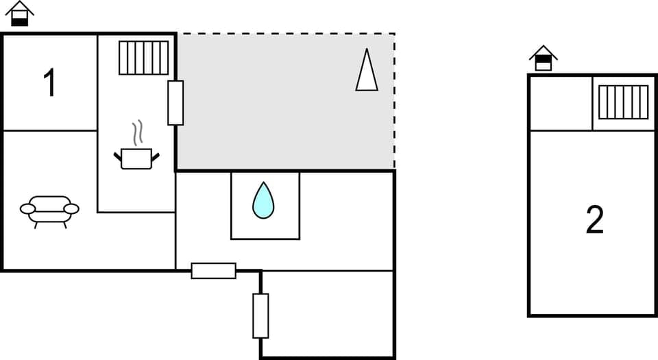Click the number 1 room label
coord(49,84)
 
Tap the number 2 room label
coord(595,220)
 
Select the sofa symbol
coord(49,210)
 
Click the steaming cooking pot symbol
coord(136,158)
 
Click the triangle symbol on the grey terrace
coord(367,70)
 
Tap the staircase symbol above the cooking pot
coord(143,58)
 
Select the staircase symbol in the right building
coord(623,102)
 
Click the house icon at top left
coord(19,14)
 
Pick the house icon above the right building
coord(543,58)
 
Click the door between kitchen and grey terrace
coord(175,103)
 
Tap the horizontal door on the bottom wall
coord(213,270)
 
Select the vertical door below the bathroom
coord(260,315)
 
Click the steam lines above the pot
coord(138,132)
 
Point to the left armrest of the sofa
coord(28,208)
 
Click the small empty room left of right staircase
coord(561,103)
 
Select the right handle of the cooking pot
coord(156,157)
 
